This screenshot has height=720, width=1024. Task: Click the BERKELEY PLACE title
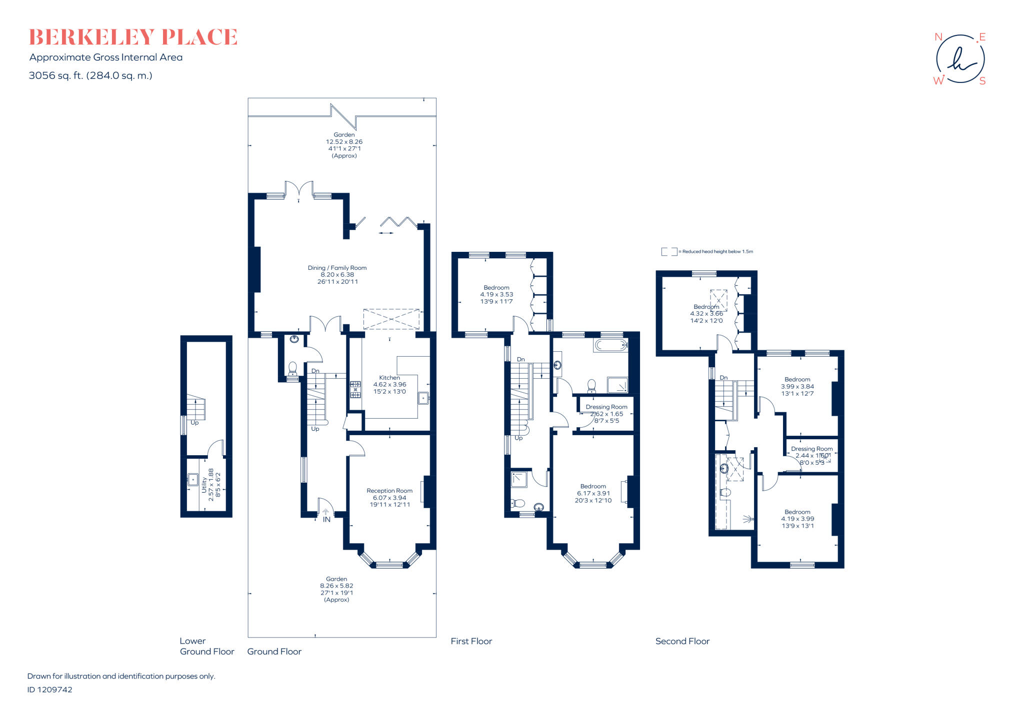coord(133,37)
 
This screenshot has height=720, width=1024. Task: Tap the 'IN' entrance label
coord(326,520)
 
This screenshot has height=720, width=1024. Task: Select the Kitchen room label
coord(389,385)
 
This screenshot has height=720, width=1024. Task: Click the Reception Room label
coord(389,498)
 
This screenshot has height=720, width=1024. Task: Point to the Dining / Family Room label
coord(337,275)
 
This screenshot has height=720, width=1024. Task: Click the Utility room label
coord(210,485)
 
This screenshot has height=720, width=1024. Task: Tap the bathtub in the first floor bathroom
coord(610,345)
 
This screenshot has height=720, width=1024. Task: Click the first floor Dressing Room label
coord(606,414)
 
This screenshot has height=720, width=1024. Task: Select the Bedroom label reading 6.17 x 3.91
coord(593,493)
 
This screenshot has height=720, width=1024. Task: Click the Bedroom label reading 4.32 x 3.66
coord(706,314)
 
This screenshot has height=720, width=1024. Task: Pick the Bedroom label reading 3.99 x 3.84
coord(797,386)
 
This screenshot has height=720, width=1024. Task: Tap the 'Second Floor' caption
coord(682,641)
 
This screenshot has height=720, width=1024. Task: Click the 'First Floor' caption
coord(471,641)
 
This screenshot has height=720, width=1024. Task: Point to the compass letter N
coord(938,37)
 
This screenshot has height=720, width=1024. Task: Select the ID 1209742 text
coord(49,690)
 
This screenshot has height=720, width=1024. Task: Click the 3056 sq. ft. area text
coord(90,75)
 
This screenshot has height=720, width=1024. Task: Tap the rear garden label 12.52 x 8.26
coord(344,145)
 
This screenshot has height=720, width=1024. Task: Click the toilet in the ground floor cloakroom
coord(292,368)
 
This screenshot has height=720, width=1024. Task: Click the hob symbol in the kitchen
coord(355,390)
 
